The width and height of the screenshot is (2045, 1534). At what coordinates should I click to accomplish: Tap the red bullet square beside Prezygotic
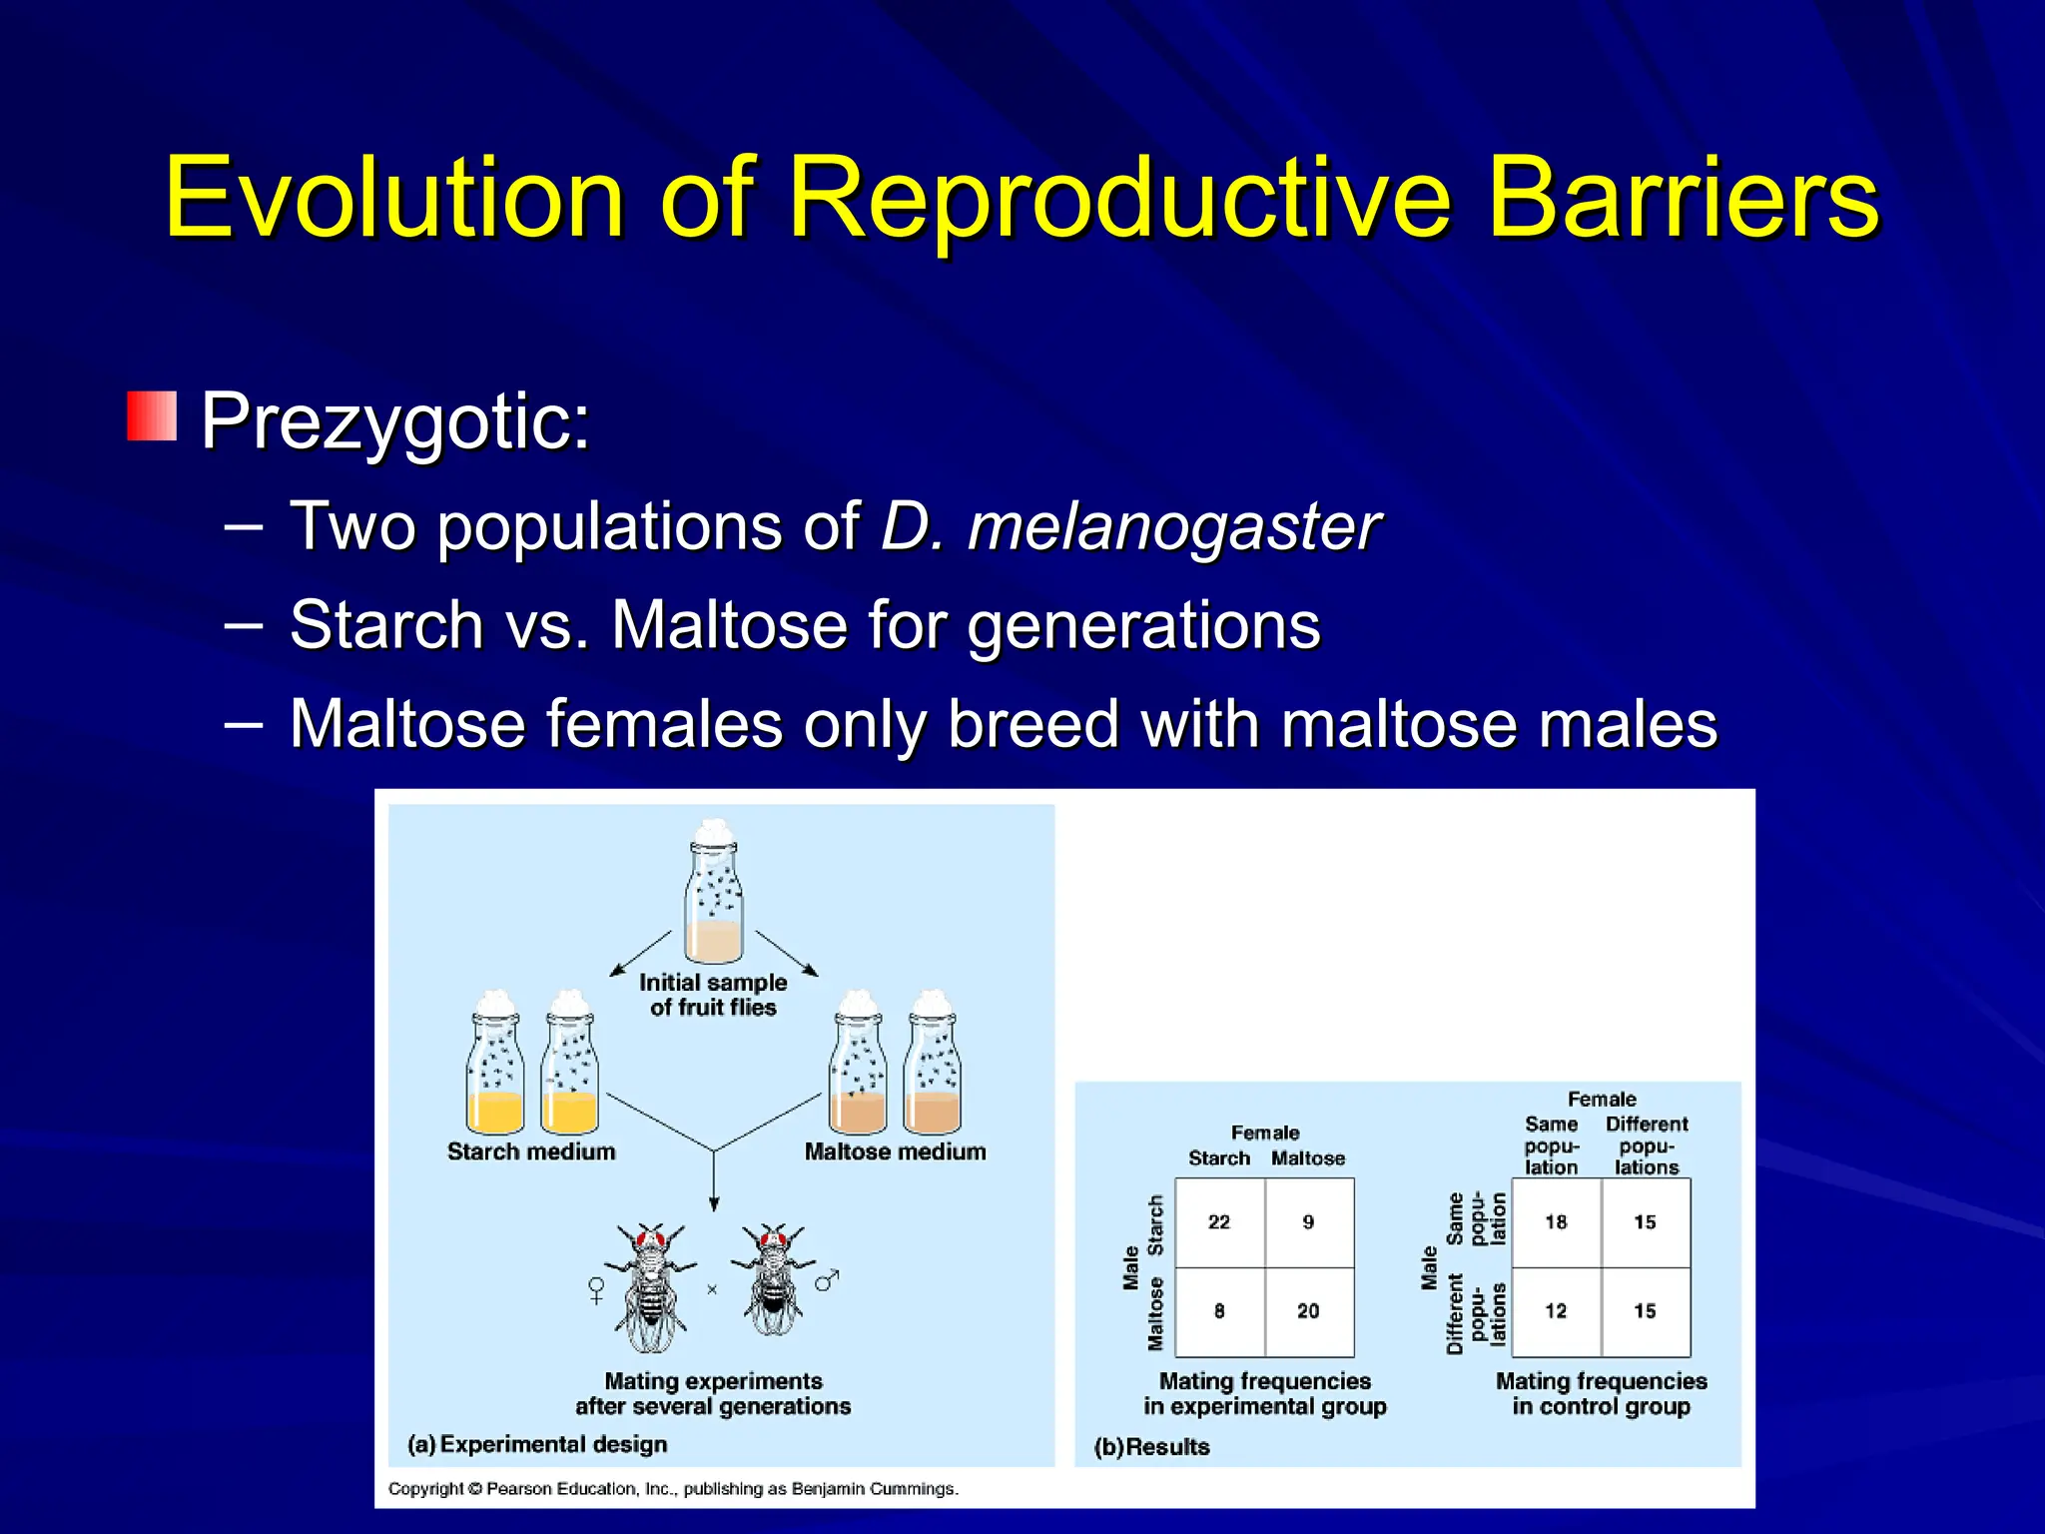[x=152, y=416]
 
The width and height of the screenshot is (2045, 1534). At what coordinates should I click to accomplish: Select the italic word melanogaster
[x=1174, y=526]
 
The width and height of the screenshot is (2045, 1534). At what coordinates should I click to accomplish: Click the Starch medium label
[x=531, y=1151]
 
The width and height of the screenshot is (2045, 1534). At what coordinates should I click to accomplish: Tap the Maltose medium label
[x=895, y=1151]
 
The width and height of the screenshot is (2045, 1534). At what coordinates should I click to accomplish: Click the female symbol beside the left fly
[x=596, y=1290]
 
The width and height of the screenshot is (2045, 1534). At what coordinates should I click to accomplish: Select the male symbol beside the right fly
[x=827, y=1279]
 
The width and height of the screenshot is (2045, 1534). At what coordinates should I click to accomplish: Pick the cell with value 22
[x=1219, y=1222]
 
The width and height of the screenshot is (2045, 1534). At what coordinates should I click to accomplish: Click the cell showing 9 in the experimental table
[x=1308, y=1222]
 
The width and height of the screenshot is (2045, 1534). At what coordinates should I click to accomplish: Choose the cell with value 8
[x=1219, y=1311]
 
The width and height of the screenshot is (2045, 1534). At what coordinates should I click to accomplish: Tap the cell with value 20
[x=1308, y=1311]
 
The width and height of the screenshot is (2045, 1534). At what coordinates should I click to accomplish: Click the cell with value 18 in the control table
[x=1556, y=1222]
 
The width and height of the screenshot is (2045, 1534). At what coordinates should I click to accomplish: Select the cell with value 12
[x=1556, y=1311]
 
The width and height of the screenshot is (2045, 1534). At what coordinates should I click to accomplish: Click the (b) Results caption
[x=1151, y=1447]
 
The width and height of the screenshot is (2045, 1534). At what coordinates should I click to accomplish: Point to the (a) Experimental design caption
[x=537, y=1444]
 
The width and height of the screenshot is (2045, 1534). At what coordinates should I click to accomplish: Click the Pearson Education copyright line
[x=673, y=1489]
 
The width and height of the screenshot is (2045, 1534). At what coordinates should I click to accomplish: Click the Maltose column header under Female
[x=1308, y=1158]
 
